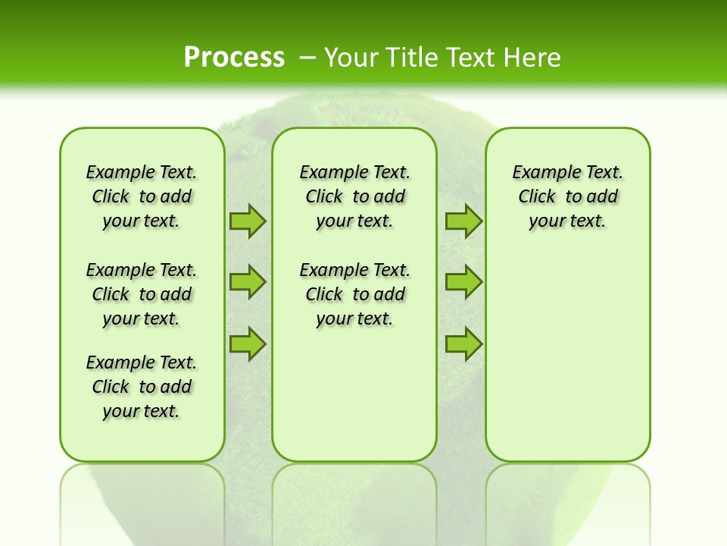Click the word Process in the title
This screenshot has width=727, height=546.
click(234, 57)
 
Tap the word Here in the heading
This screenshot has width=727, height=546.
click(532, 57)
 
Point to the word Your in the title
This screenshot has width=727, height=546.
click(353, 57)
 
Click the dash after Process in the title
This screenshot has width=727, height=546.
click(307, 58)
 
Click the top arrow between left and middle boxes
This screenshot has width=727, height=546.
click(248, 221)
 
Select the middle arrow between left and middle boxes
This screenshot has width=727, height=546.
click(248, 282)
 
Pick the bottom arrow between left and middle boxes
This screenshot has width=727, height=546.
click(248, 344)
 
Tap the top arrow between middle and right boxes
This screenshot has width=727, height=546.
click(463, 221)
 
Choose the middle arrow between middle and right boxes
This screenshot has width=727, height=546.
click(463, 282)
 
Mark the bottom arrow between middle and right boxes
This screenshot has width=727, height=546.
click(463, 344)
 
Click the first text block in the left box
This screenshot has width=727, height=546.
click(142, 196)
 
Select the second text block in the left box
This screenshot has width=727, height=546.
click(142, 294)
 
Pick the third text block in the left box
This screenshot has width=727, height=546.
click(142, 387)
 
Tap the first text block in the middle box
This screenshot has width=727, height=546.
click(354, 196)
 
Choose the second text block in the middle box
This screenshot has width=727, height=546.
click(354, 294)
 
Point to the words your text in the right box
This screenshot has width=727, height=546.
click(567, 221)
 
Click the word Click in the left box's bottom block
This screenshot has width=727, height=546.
click(111, 387)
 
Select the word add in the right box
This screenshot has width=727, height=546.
click(603, 197)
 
